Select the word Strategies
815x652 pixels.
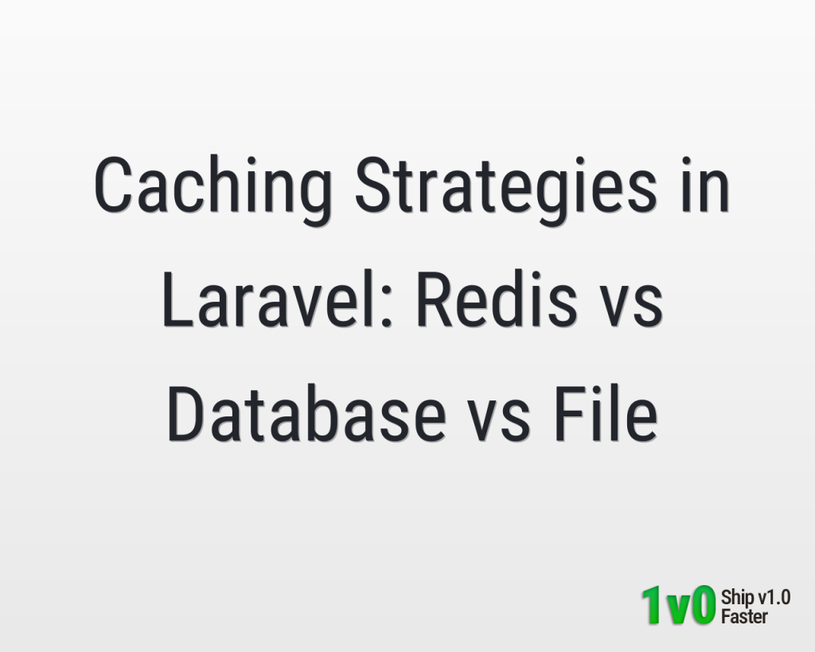click(506, 189)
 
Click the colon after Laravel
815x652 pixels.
click(386, 306)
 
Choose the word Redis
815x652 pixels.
click(497, 299)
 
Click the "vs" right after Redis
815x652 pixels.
click(631, 306)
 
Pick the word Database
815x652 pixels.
click(306, 413)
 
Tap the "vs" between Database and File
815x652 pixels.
click(499, 420)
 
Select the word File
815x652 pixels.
click(606, 413)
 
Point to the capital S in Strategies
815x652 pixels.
click(372, 184)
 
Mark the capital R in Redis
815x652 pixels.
click(435, 299)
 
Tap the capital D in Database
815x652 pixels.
click(186, 413)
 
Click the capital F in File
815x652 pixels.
click(570, 413)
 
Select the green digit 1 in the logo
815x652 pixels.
click(653, 605)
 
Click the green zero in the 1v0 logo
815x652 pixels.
click(703, 605)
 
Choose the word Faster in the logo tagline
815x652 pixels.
click(744, 617)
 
